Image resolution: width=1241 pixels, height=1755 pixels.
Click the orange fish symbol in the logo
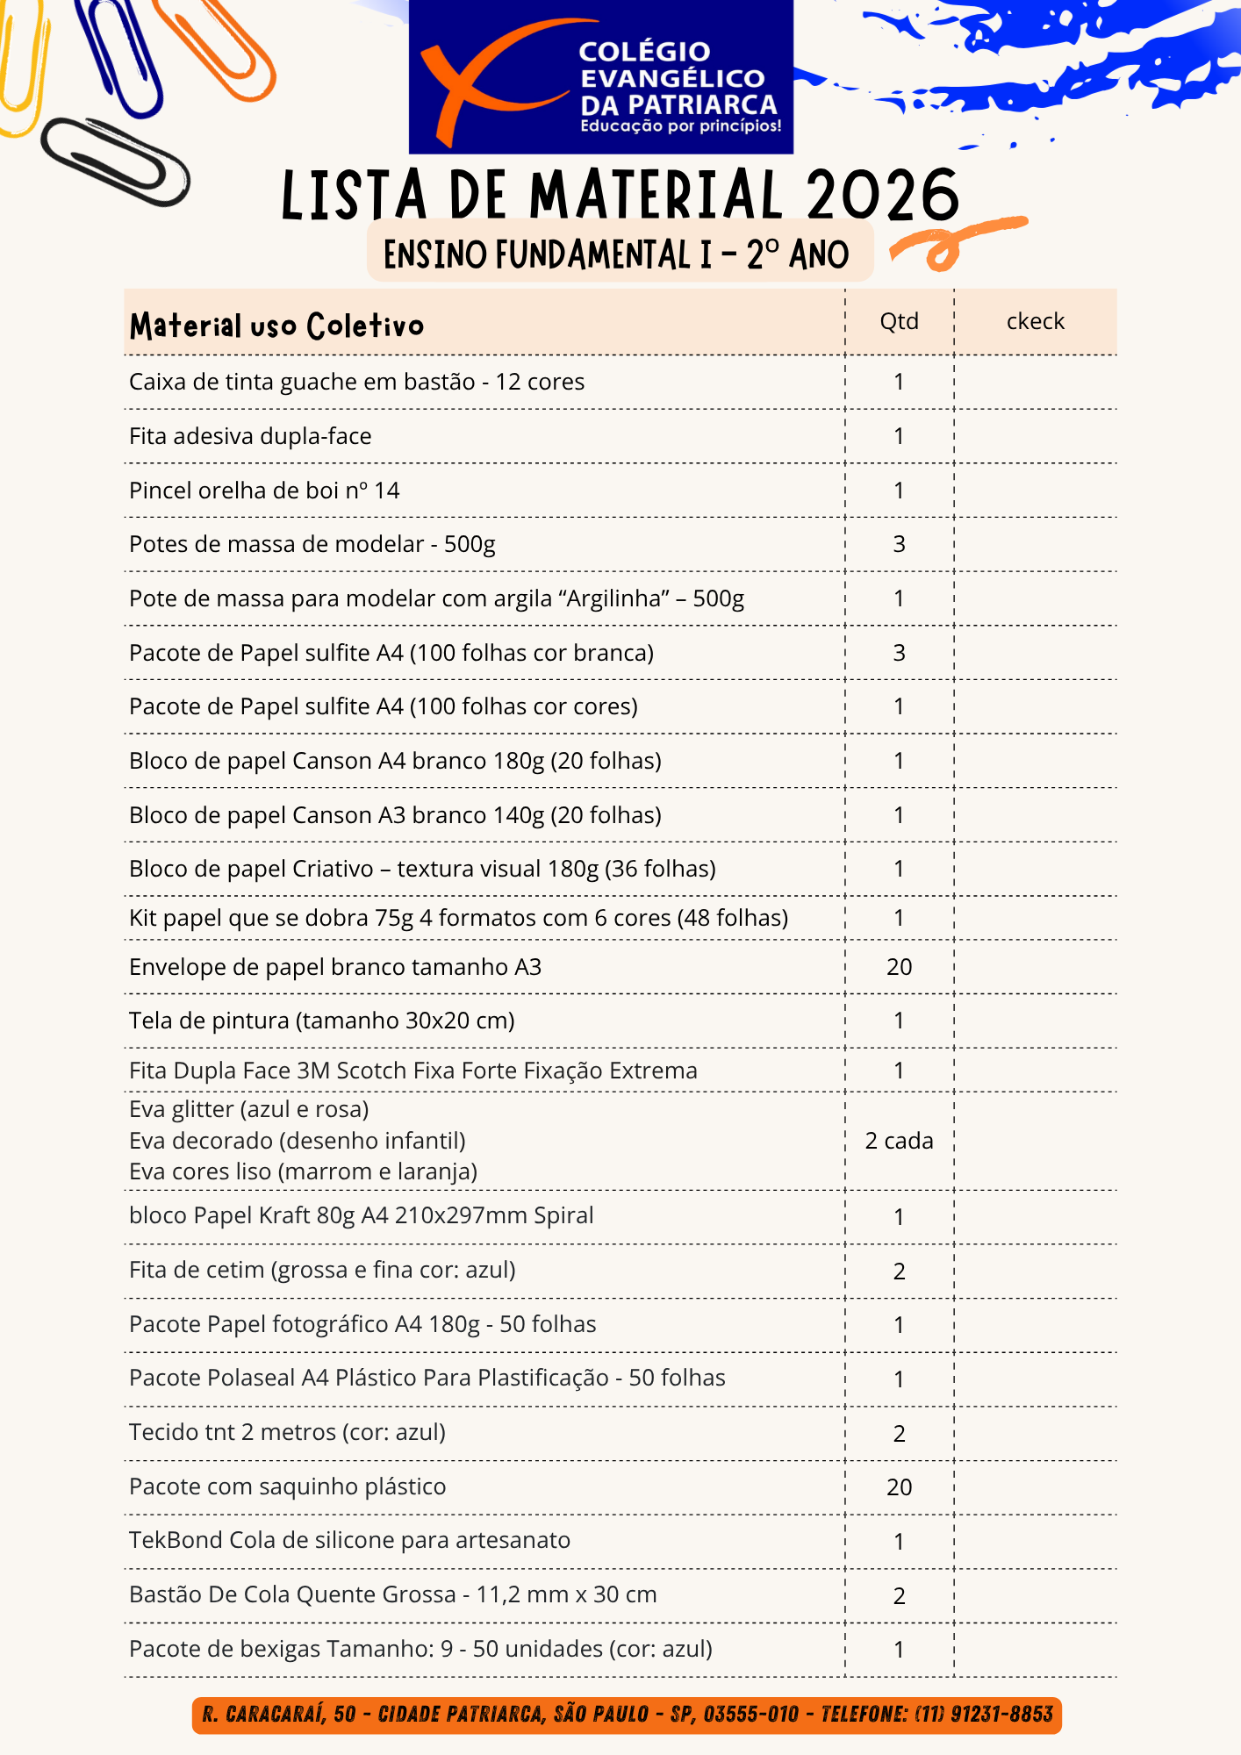491,79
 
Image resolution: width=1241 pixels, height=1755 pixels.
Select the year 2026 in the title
882,195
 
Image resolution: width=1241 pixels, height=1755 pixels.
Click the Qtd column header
899,321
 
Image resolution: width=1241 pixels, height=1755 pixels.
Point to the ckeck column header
1035,321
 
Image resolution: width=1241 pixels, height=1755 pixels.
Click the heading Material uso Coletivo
276,326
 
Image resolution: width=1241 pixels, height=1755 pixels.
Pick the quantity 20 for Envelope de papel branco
899,967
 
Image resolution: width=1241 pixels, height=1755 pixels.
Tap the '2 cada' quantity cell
899,1141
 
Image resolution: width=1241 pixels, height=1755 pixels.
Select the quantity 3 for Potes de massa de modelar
899,544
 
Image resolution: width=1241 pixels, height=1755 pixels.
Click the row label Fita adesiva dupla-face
250,436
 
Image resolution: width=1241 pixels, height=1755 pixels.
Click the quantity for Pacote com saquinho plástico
899,1487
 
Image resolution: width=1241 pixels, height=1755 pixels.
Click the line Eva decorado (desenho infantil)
297,1141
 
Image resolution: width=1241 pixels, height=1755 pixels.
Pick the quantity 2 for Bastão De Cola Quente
899,1596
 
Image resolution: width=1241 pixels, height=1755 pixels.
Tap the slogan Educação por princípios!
680,126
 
